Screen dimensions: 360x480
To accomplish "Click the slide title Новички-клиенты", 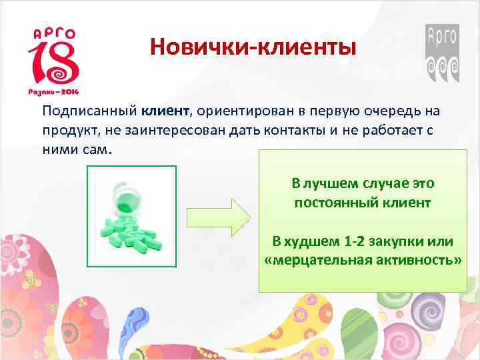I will (253, 47).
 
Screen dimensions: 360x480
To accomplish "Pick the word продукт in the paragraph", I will (68, 130).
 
